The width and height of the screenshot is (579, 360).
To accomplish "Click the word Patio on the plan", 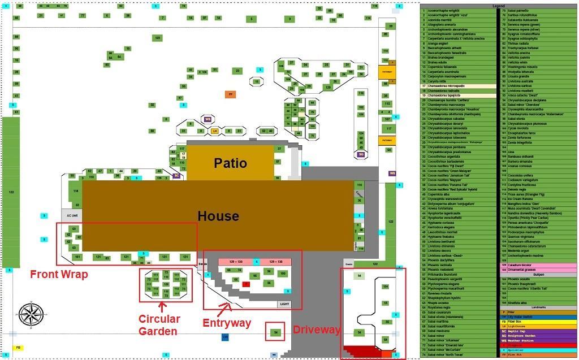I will coord(230,163).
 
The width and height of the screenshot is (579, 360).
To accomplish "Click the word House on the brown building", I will coord(218,216).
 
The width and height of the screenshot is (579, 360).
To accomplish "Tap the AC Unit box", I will coord(72,215).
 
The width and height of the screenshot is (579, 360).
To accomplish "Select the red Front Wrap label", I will coord(59,275).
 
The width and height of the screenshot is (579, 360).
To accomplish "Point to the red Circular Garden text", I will coord(159,325).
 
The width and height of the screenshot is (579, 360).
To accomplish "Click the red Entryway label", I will coord(227,323).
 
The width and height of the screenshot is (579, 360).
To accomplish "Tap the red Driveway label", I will coord(317,329).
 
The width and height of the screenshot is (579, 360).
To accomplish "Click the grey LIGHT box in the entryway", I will coord(284,304).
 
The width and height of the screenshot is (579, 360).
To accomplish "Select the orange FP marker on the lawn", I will coord(230,94).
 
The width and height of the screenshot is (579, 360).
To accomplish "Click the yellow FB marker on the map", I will coord(18,348).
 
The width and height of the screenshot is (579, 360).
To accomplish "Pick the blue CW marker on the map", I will coord(225,337).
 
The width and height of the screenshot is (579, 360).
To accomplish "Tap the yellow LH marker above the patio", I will coord(214,131).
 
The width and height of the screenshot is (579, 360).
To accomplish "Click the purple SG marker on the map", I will coord(361,154).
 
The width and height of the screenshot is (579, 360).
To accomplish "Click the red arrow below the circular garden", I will coord(162,307).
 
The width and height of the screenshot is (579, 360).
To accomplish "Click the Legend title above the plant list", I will coord(499,6).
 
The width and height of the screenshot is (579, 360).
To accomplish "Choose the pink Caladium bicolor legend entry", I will coord(537,265).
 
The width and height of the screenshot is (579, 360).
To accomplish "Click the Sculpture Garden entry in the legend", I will coord(537,336).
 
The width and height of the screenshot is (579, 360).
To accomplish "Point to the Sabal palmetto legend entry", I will coord(537,11).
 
